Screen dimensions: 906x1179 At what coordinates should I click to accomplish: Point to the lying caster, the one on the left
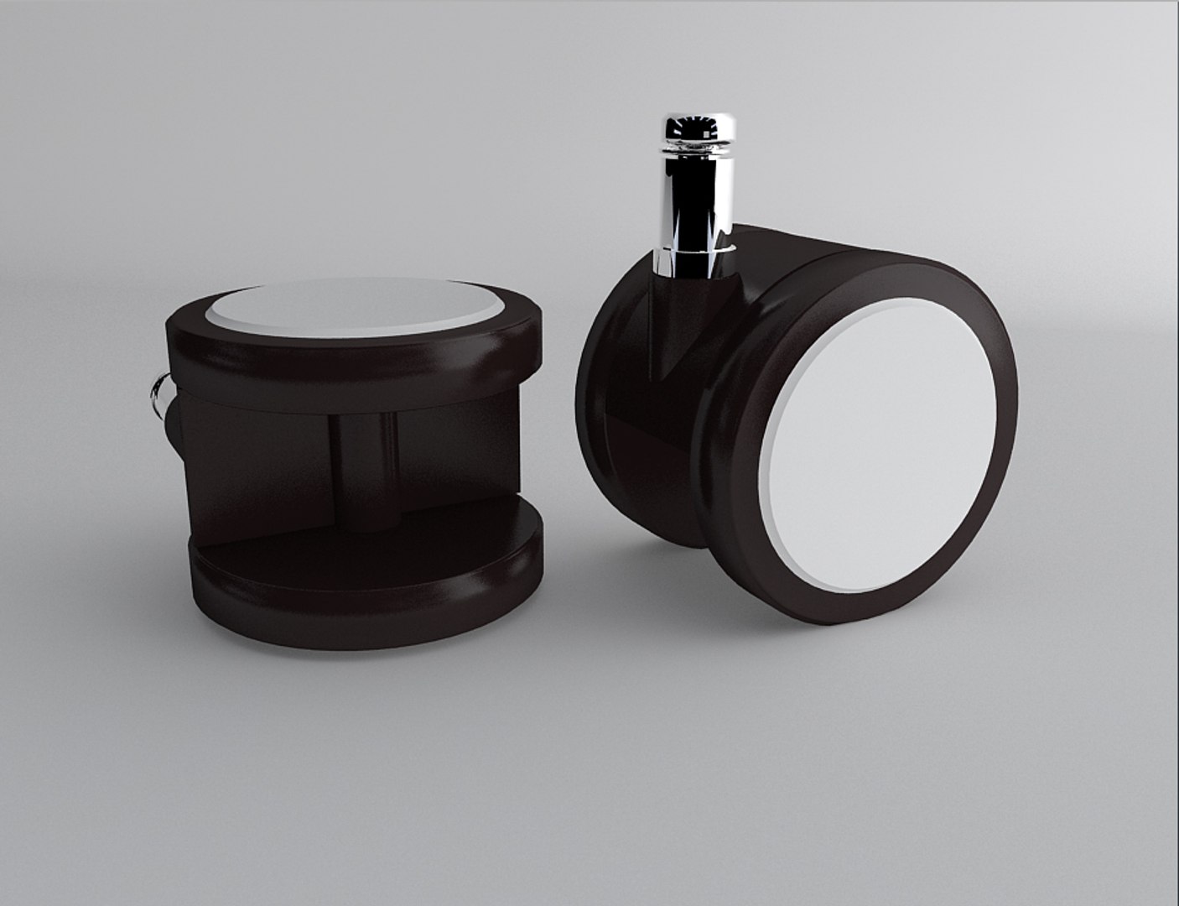[x=361, y=453]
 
